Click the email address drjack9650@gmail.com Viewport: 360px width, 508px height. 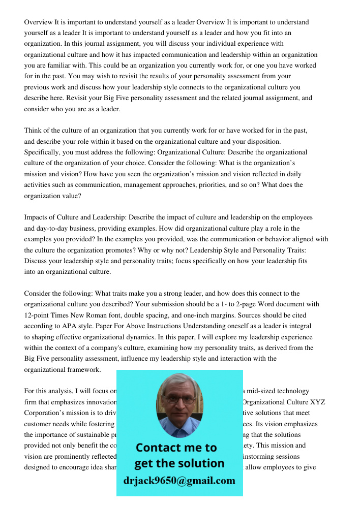(179, 481)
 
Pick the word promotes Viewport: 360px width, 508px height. (143, 250)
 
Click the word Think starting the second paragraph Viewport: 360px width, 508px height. (34, 131)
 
